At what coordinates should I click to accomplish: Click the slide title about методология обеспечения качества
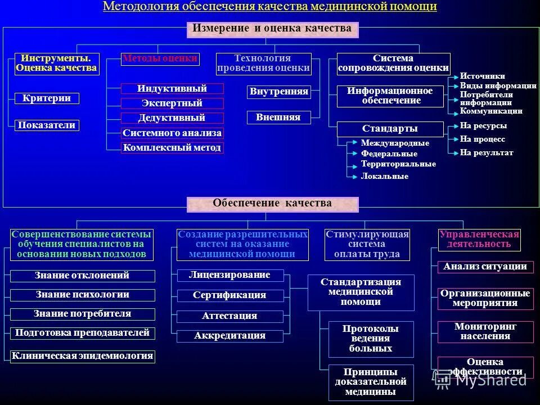coord(270,7)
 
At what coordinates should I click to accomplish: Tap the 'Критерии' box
coord(47,98)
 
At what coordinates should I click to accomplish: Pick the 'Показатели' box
coord(47,125)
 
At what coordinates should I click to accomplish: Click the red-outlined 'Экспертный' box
coord(172,103)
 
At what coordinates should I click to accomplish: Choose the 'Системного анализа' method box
coord(172,133)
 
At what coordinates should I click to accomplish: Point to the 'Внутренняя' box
coord(279,92)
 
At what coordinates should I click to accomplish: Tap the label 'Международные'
coord(395,143)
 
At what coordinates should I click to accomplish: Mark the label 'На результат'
coord(486,152)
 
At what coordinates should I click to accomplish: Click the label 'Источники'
coord(482,76)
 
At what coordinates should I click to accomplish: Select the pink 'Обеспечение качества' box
coord(272,204)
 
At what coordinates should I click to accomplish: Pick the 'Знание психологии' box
coord(83,295)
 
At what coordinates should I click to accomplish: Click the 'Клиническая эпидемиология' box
coord(83,355)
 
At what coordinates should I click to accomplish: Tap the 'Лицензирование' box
coord(229,275)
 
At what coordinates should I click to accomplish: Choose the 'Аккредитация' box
coord(229,336)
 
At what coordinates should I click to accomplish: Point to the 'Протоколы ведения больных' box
coord(371,339)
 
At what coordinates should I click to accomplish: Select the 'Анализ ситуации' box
coord(485,267)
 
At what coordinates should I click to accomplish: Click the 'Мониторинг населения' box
coord(485,332)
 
